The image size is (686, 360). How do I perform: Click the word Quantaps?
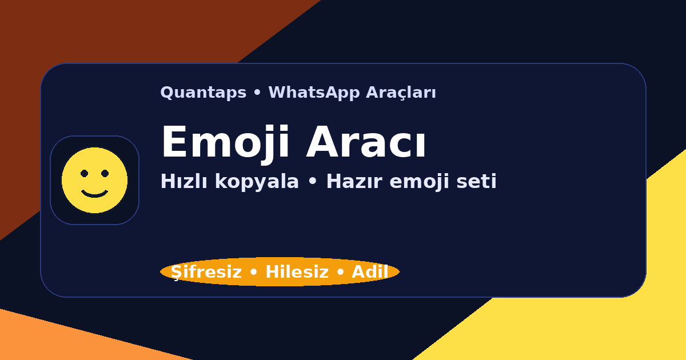203,93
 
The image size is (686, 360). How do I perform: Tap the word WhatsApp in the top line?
305,93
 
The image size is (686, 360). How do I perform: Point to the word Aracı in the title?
366,143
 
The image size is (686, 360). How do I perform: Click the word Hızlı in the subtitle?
184,182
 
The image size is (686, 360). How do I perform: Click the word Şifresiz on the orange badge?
206,273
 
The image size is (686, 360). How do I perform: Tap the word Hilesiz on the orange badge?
297,273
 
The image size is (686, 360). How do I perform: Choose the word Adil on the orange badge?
370,273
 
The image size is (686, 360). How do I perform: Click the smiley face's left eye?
84,173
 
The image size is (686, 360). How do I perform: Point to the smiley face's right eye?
105,173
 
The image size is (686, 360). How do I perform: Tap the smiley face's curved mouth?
94,194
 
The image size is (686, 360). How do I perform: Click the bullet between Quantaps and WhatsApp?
257,93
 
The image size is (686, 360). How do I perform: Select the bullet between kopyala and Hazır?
312,182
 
